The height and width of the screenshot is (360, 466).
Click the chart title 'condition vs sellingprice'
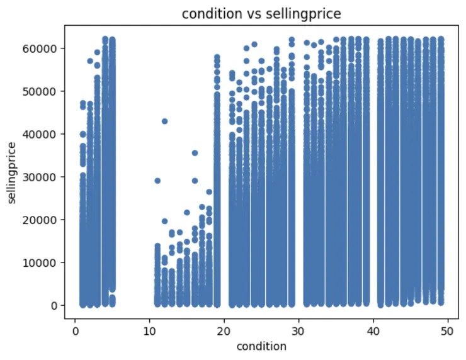261,14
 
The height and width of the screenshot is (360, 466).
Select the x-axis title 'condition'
261,346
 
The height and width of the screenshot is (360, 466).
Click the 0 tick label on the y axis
55,305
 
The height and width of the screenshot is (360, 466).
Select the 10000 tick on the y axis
44,262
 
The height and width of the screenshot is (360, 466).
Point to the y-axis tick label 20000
44,220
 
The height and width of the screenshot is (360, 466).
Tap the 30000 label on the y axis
44,177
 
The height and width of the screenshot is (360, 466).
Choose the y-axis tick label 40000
44,134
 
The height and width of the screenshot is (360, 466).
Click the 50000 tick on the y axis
44,91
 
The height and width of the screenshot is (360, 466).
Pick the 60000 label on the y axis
44,48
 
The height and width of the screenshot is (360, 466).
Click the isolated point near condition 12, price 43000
164,121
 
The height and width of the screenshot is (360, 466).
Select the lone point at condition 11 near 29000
157,181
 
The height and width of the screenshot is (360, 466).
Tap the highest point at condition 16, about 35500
195,153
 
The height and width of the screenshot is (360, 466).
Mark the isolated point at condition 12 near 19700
164,221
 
